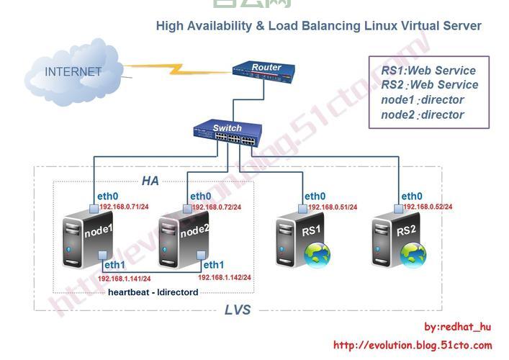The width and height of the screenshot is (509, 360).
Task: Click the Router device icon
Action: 266,71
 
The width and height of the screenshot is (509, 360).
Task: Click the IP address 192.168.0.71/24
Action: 125,207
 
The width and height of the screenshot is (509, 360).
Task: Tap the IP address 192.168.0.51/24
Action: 333,207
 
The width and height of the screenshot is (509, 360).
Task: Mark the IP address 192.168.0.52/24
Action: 428,207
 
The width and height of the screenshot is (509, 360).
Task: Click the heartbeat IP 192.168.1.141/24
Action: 124,279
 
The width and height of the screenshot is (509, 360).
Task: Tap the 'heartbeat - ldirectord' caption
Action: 153,292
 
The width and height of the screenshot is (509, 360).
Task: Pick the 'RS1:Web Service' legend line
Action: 428,71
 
